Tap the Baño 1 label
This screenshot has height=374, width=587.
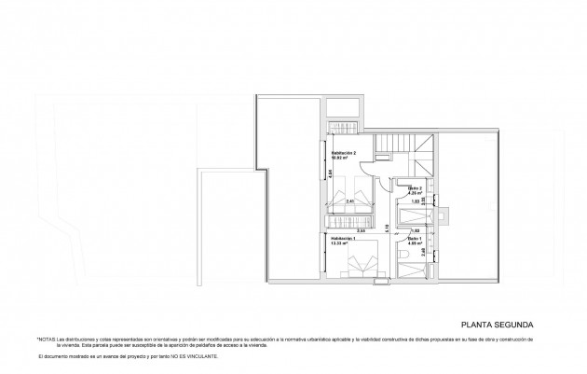(414, 238)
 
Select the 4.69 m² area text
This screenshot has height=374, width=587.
(414, 243)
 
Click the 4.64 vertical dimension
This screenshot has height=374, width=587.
(329, 173)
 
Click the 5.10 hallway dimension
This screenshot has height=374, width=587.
(388, 227)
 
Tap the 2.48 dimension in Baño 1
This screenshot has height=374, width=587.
(423, 251)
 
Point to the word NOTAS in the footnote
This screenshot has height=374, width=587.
(48, 339)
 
